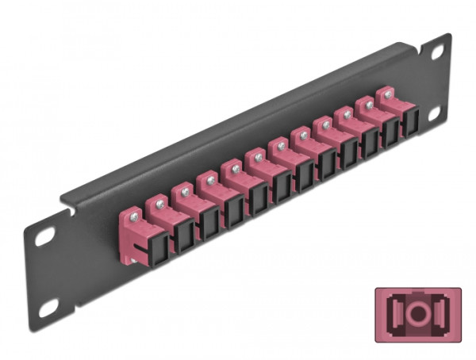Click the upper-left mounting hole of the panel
(44, 236)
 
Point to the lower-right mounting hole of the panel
(435, 114)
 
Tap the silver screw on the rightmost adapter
(389, 94)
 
